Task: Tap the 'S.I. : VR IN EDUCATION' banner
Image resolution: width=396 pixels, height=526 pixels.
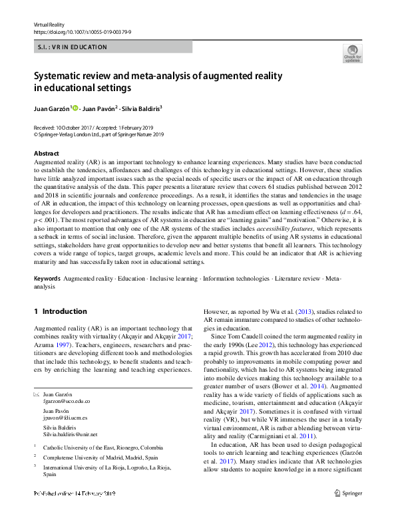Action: tap(70, 48)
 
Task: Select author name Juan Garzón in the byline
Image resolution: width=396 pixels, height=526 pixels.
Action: tap(51, 108)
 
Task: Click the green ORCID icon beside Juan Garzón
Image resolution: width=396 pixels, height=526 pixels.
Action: tap(75, 108)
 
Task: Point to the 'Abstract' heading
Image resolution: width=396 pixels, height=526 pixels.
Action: tap(46, 154)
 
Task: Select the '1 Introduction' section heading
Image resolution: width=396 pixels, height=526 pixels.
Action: tap(60, 311)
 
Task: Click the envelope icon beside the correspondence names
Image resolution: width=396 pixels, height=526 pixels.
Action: tap(37, 394)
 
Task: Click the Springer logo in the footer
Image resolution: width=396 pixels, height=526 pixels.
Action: tap(349, 493)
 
